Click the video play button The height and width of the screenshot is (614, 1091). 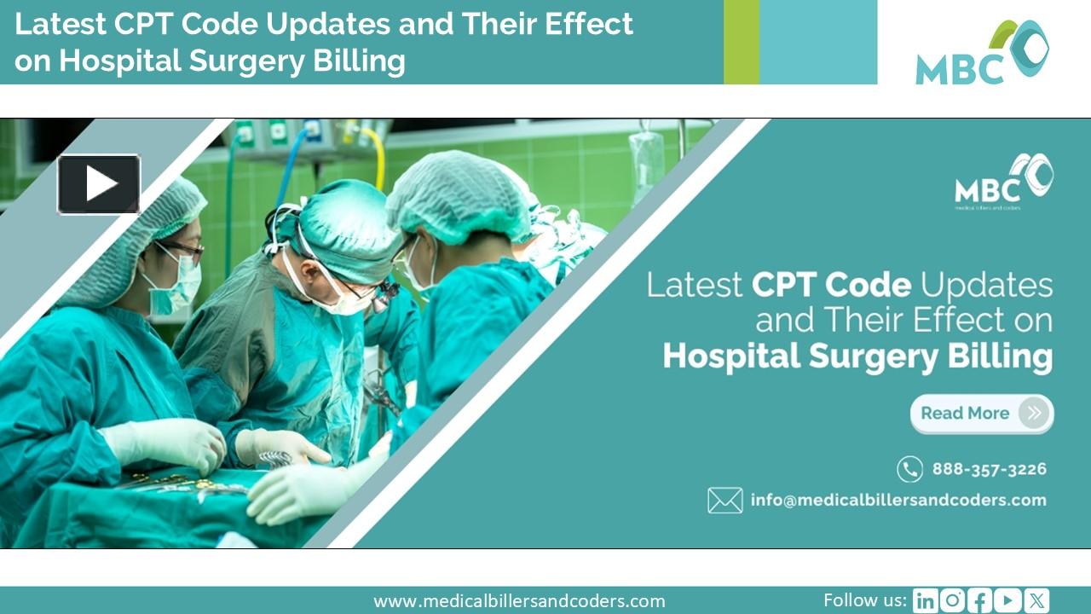coord(99,184)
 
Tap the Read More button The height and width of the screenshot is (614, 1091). coord(981,414)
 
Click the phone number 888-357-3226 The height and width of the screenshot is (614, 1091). coord(989,469)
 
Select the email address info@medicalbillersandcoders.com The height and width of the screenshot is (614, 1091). coord(898,501)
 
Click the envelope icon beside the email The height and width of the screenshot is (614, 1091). coord(724,501)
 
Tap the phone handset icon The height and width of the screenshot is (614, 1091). coord(909,469)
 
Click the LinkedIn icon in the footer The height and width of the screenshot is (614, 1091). coord(924,601)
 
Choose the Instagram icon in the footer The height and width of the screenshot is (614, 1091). coord(952,601)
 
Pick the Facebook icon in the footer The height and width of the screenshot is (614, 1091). coord(980,601)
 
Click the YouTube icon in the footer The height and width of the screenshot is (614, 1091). coord(1008,601)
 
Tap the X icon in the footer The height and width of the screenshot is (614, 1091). coord(1036,601)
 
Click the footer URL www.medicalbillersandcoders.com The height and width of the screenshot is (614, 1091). coord(519,601)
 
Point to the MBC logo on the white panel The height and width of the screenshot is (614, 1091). coord(982,53)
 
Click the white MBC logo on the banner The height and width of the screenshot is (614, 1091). coord(1003,181)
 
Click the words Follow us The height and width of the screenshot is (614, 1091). coord(864,600)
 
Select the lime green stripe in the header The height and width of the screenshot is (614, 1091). coord(741,42)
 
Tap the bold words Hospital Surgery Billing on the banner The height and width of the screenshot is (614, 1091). coord(857,356)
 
